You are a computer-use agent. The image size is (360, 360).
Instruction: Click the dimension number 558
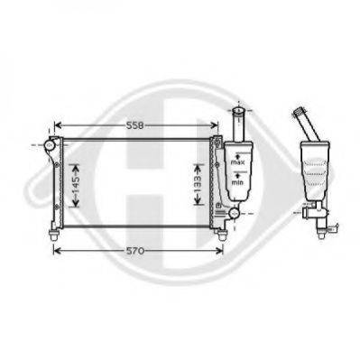point(135,125)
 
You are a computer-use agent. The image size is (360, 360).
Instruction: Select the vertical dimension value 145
point(75,185)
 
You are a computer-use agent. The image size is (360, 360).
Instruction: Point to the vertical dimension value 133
point(198,185)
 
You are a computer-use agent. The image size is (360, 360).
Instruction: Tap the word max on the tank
point(237,162)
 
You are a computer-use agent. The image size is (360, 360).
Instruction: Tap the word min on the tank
point(237,182)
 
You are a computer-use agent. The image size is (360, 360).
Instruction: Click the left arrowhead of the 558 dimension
point(57,125)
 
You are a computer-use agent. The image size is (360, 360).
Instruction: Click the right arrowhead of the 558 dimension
point(215,125)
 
